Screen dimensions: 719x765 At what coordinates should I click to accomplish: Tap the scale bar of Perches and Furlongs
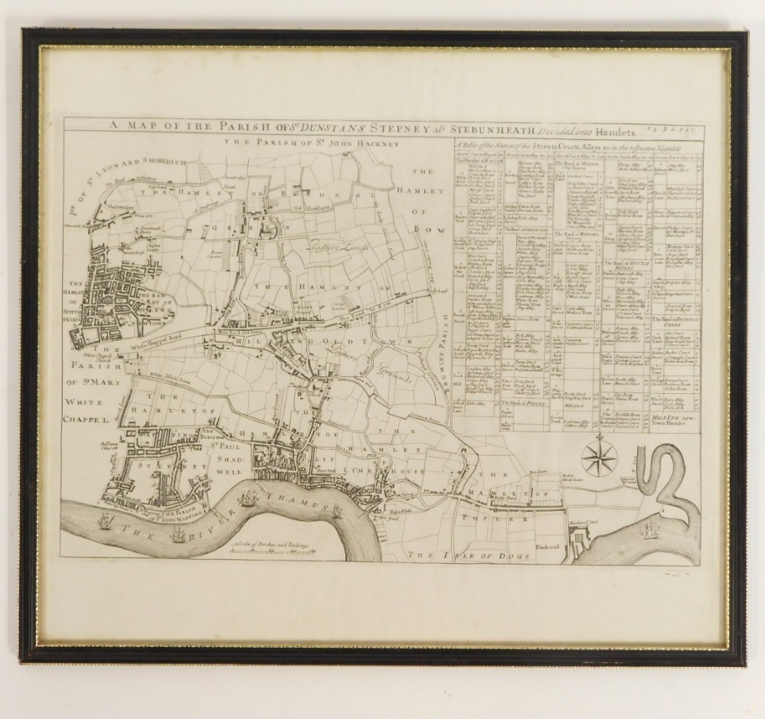click(270, 548)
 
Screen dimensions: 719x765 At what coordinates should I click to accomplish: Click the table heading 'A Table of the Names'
click(575, 145)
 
